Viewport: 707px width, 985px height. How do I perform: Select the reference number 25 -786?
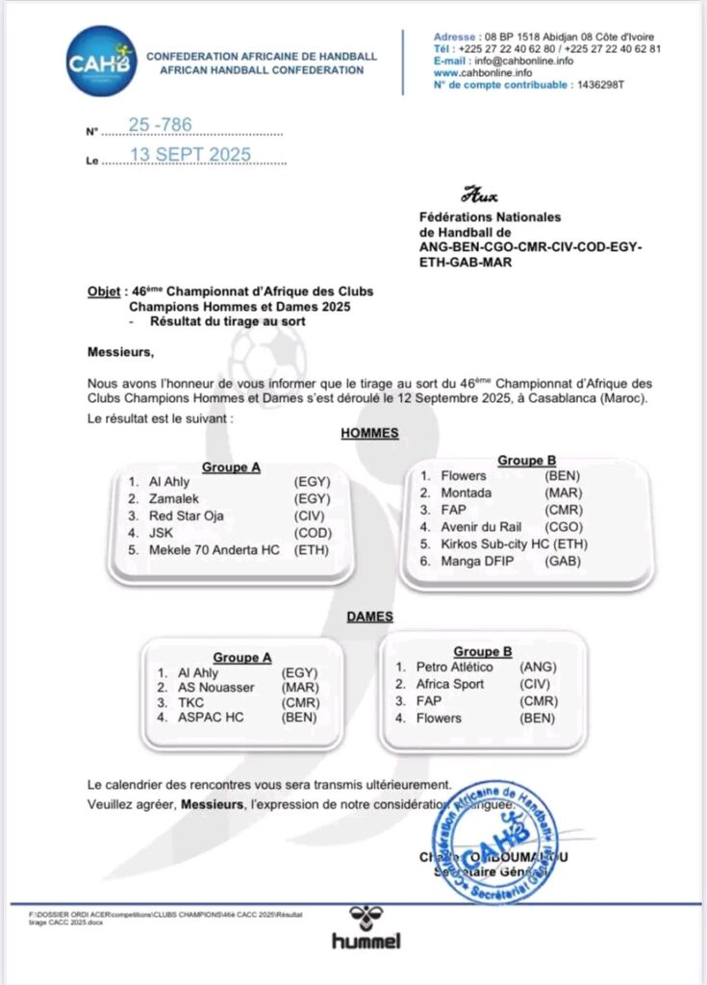click(160, 125)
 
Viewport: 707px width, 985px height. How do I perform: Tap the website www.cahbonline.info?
click(483, 72)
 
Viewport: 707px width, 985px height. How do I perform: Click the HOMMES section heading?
click(369, 434)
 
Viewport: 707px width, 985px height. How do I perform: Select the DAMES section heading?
click(369, 616)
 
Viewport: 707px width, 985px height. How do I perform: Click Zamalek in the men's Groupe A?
click(173, 499)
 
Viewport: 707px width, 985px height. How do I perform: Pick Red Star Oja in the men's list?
click(187, 517)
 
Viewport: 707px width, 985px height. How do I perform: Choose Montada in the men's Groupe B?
click(467, 492)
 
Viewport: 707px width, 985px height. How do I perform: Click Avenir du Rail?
click(481, 527)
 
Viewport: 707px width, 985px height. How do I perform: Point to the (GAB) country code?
click(564, 562)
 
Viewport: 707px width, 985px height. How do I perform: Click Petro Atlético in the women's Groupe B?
click(454, 667)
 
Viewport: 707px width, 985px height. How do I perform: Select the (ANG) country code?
click(538, 667)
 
